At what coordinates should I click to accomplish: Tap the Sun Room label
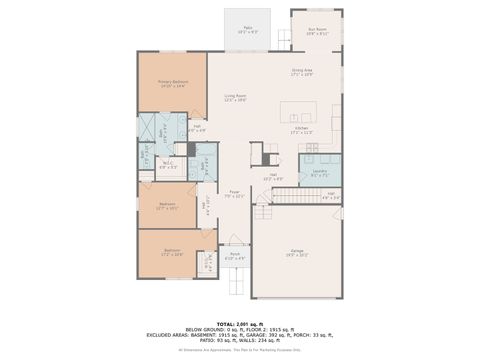coord(317,31)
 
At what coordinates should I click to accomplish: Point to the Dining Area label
coord(302,72)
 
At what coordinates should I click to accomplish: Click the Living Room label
coord(235,97)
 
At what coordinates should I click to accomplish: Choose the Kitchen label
coord(301,128)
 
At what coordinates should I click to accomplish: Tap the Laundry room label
coord(320,172)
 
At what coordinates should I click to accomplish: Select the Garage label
coord(297,252)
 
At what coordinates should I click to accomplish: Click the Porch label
coord(234,256)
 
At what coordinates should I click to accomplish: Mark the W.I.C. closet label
coord(168,166)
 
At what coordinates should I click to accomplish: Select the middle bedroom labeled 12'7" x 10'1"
coord(168,206)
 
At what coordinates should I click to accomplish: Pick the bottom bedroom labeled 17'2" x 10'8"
coord(172,252)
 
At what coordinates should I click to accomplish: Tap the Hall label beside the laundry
coord(331,195)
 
